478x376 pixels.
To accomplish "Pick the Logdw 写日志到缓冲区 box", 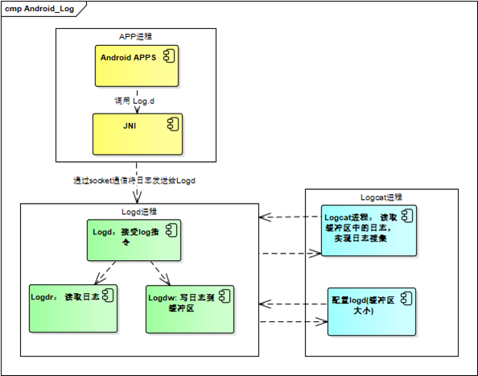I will tap(188, 308).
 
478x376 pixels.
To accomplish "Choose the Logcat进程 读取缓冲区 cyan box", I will tap(368, 229).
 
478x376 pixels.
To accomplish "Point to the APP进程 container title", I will tap(135, 36).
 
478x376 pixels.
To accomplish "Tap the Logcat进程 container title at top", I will tap(381, 196).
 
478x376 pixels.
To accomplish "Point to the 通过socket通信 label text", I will tap(134, 180).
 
